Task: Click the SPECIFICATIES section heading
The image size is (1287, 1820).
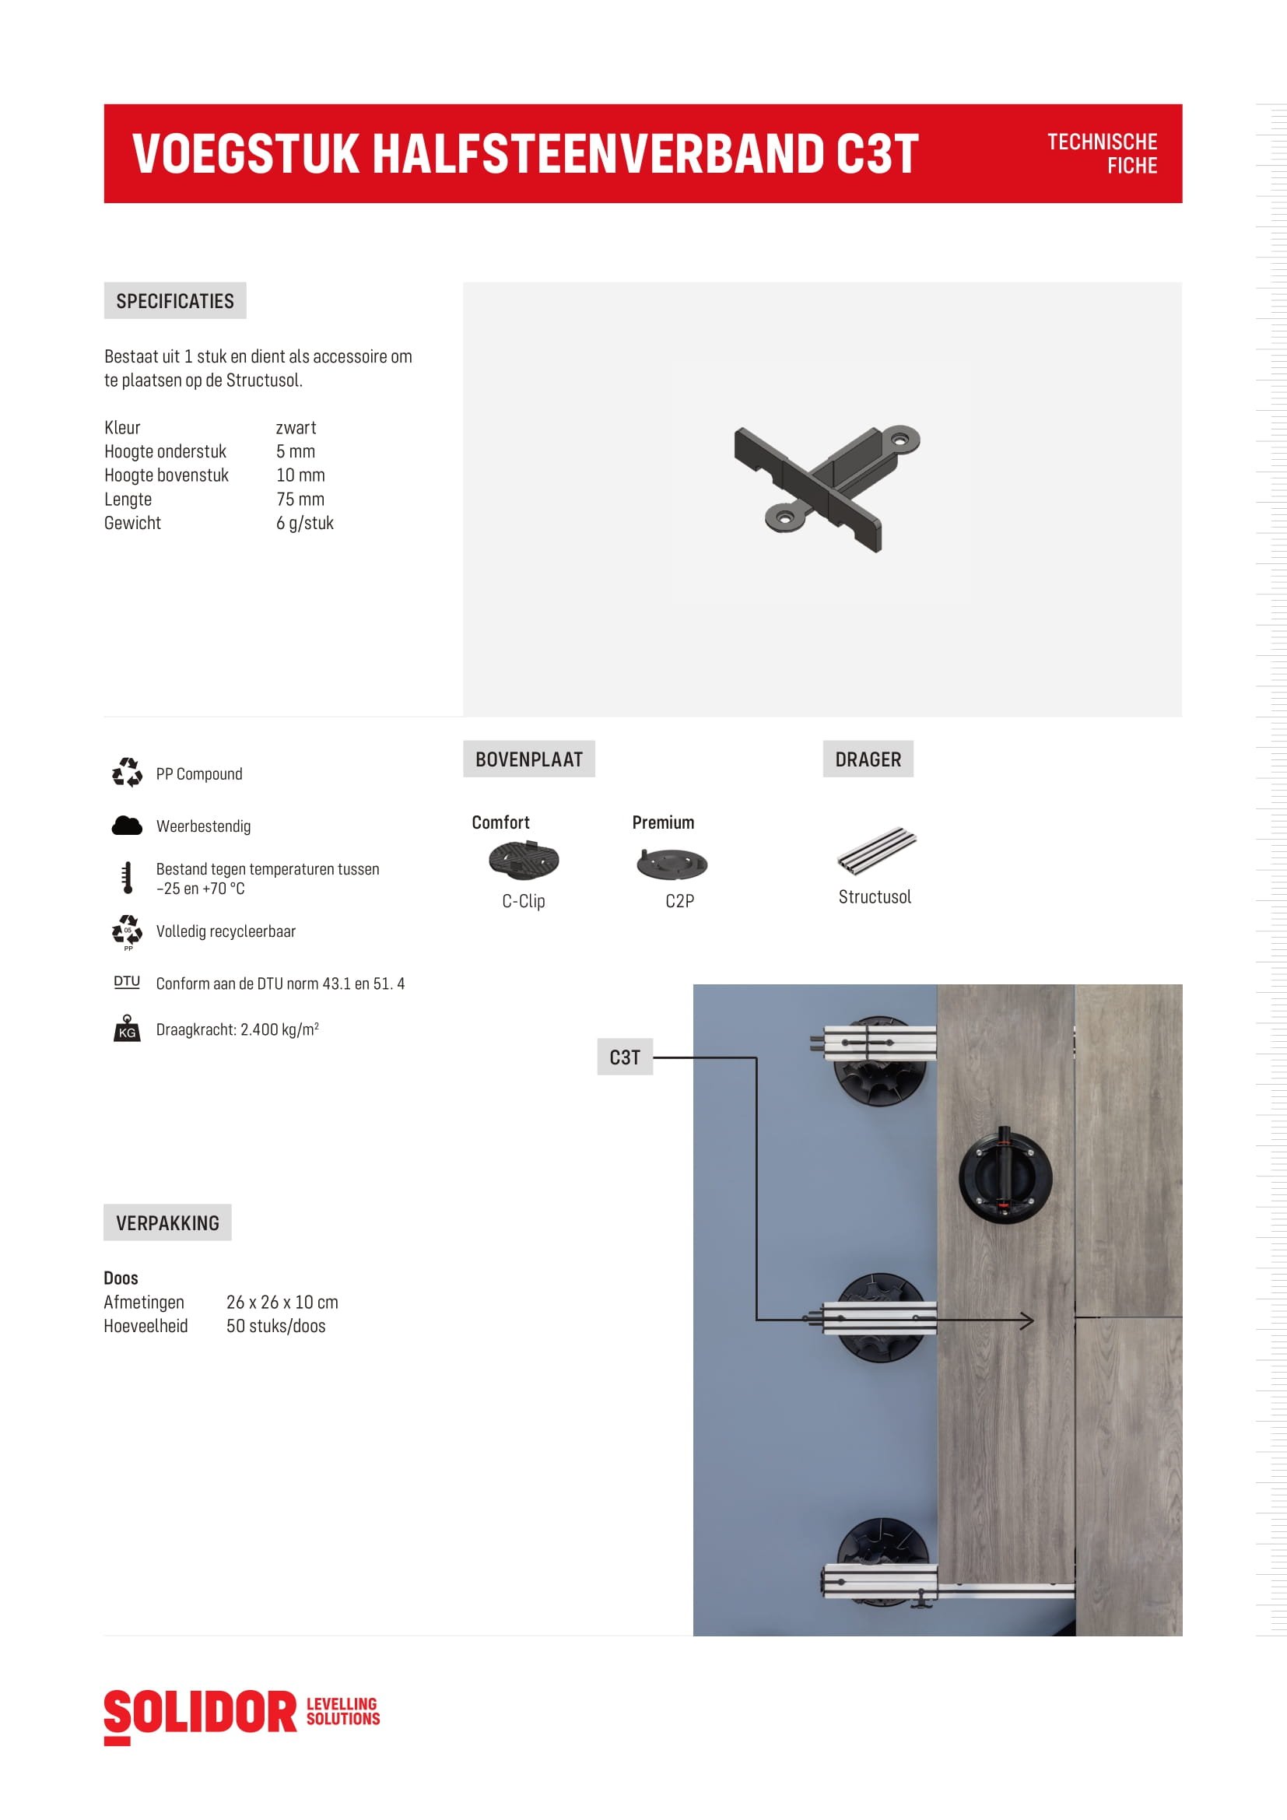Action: pos(174,301)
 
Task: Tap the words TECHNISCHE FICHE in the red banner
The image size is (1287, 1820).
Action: pos(1102,154)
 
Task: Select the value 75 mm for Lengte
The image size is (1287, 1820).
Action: pos(300,500)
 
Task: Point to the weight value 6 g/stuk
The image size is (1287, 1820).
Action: pos(304,523)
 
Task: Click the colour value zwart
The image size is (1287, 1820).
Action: pos(296,428)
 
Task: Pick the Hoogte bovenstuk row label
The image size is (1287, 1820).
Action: pos(167,475)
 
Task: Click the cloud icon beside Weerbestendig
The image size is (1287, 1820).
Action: pos(127,826)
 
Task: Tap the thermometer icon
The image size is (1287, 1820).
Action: pos(127,878)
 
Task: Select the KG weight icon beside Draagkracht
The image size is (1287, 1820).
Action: pos(127,1028)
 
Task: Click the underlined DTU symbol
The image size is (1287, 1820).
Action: pos(127,982)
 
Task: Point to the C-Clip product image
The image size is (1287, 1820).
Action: pos(524,861)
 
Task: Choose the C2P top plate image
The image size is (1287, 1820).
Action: pos(672,863)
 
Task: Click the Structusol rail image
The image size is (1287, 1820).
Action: pos(876,850)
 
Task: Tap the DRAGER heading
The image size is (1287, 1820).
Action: pos(868,759)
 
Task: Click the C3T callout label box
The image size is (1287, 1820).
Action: pos(625,1057)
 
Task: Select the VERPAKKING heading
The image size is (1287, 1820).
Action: pos(167,1223)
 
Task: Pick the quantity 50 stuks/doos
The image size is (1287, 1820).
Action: pos(275,1326)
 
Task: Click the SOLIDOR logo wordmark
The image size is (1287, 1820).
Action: pos(201,1712)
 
